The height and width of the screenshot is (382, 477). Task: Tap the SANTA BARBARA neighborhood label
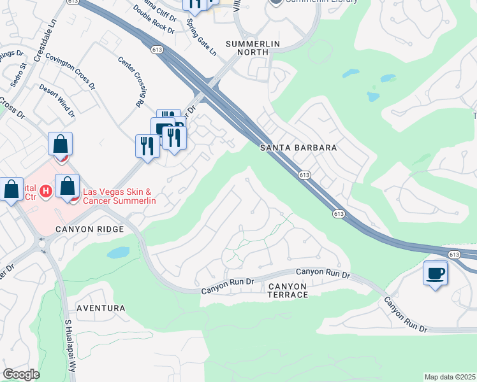[x=298, y=148]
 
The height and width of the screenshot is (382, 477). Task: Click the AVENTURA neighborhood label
[x=101, y=308]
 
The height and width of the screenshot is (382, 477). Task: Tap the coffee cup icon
[x=436, y=273]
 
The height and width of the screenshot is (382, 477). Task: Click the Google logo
[x=21, y=374]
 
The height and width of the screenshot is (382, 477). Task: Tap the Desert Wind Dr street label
[x=56, y=99]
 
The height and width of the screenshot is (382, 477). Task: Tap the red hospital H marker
[x=45, y=190]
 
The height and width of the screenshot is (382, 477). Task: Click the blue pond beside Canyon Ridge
[x=119, y=253]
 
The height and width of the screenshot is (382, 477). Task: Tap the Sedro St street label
[x=23, y=62]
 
